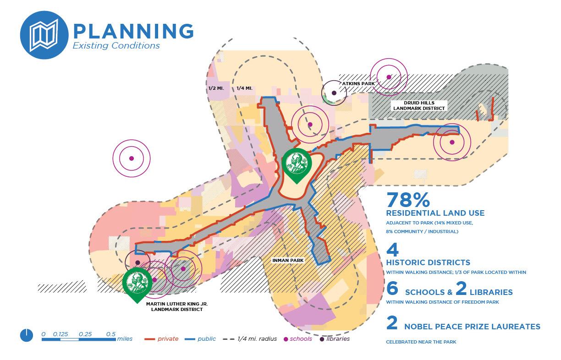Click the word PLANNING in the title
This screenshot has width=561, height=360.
coord(133,31)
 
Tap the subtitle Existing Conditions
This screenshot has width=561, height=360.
coord(116,46)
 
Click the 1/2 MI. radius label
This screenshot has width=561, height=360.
coord(215,88)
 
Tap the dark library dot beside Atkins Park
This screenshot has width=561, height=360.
coord(334,93)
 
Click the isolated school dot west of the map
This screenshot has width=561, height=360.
coord(132,158)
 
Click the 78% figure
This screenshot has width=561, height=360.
coord(408,201)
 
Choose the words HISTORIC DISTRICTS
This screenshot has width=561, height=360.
coord(428,262)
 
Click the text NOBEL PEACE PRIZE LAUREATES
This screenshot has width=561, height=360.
coord(472,327)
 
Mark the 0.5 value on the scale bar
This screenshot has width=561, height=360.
coord(111,334)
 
